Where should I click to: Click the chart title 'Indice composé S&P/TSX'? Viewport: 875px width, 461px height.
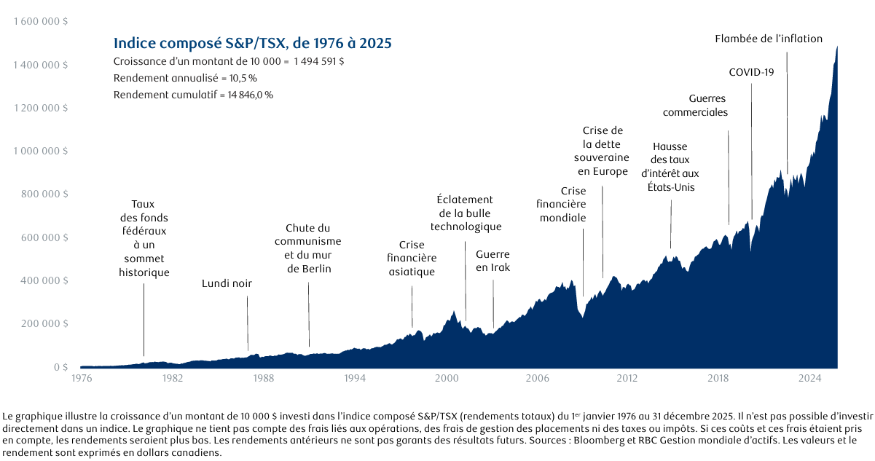199,43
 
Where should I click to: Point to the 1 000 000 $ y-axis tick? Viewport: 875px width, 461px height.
41,151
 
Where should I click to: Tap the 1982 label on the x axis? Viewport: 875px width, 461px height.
173,378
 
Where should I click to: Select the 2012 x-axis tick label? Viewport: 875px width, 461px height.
627,378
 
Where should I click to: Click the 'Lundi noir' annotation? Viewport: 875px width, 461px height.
227,283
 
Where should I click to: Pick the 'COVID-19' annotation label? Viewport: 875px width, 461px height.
751,72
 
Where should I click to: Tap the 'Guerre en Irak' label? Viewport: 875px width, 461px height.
493,261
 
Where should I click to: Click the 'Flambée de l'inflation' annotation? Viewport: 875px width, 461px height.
769,39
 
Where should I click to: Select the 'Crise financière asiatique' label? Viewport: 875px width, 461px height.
412,258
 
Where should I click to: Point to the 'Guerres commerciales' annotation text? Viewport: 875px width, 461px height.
695,106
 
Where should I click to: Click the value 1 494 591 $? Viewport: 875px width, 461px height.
319,62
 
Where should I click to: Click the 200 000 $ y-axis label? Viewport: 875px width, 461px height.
44,323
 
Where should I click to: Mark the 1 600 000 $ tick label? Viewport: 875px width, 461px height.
41,21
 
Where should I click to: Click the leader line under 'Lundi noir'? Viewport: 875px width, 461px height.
248,323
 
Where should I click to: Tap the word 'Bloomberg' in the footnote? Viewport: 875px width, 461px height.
595,441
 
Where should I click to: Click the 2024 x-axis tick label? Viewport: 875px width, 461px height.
809,378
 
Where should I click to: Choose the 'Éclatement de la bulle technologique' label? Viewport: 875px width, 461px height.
466,213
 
